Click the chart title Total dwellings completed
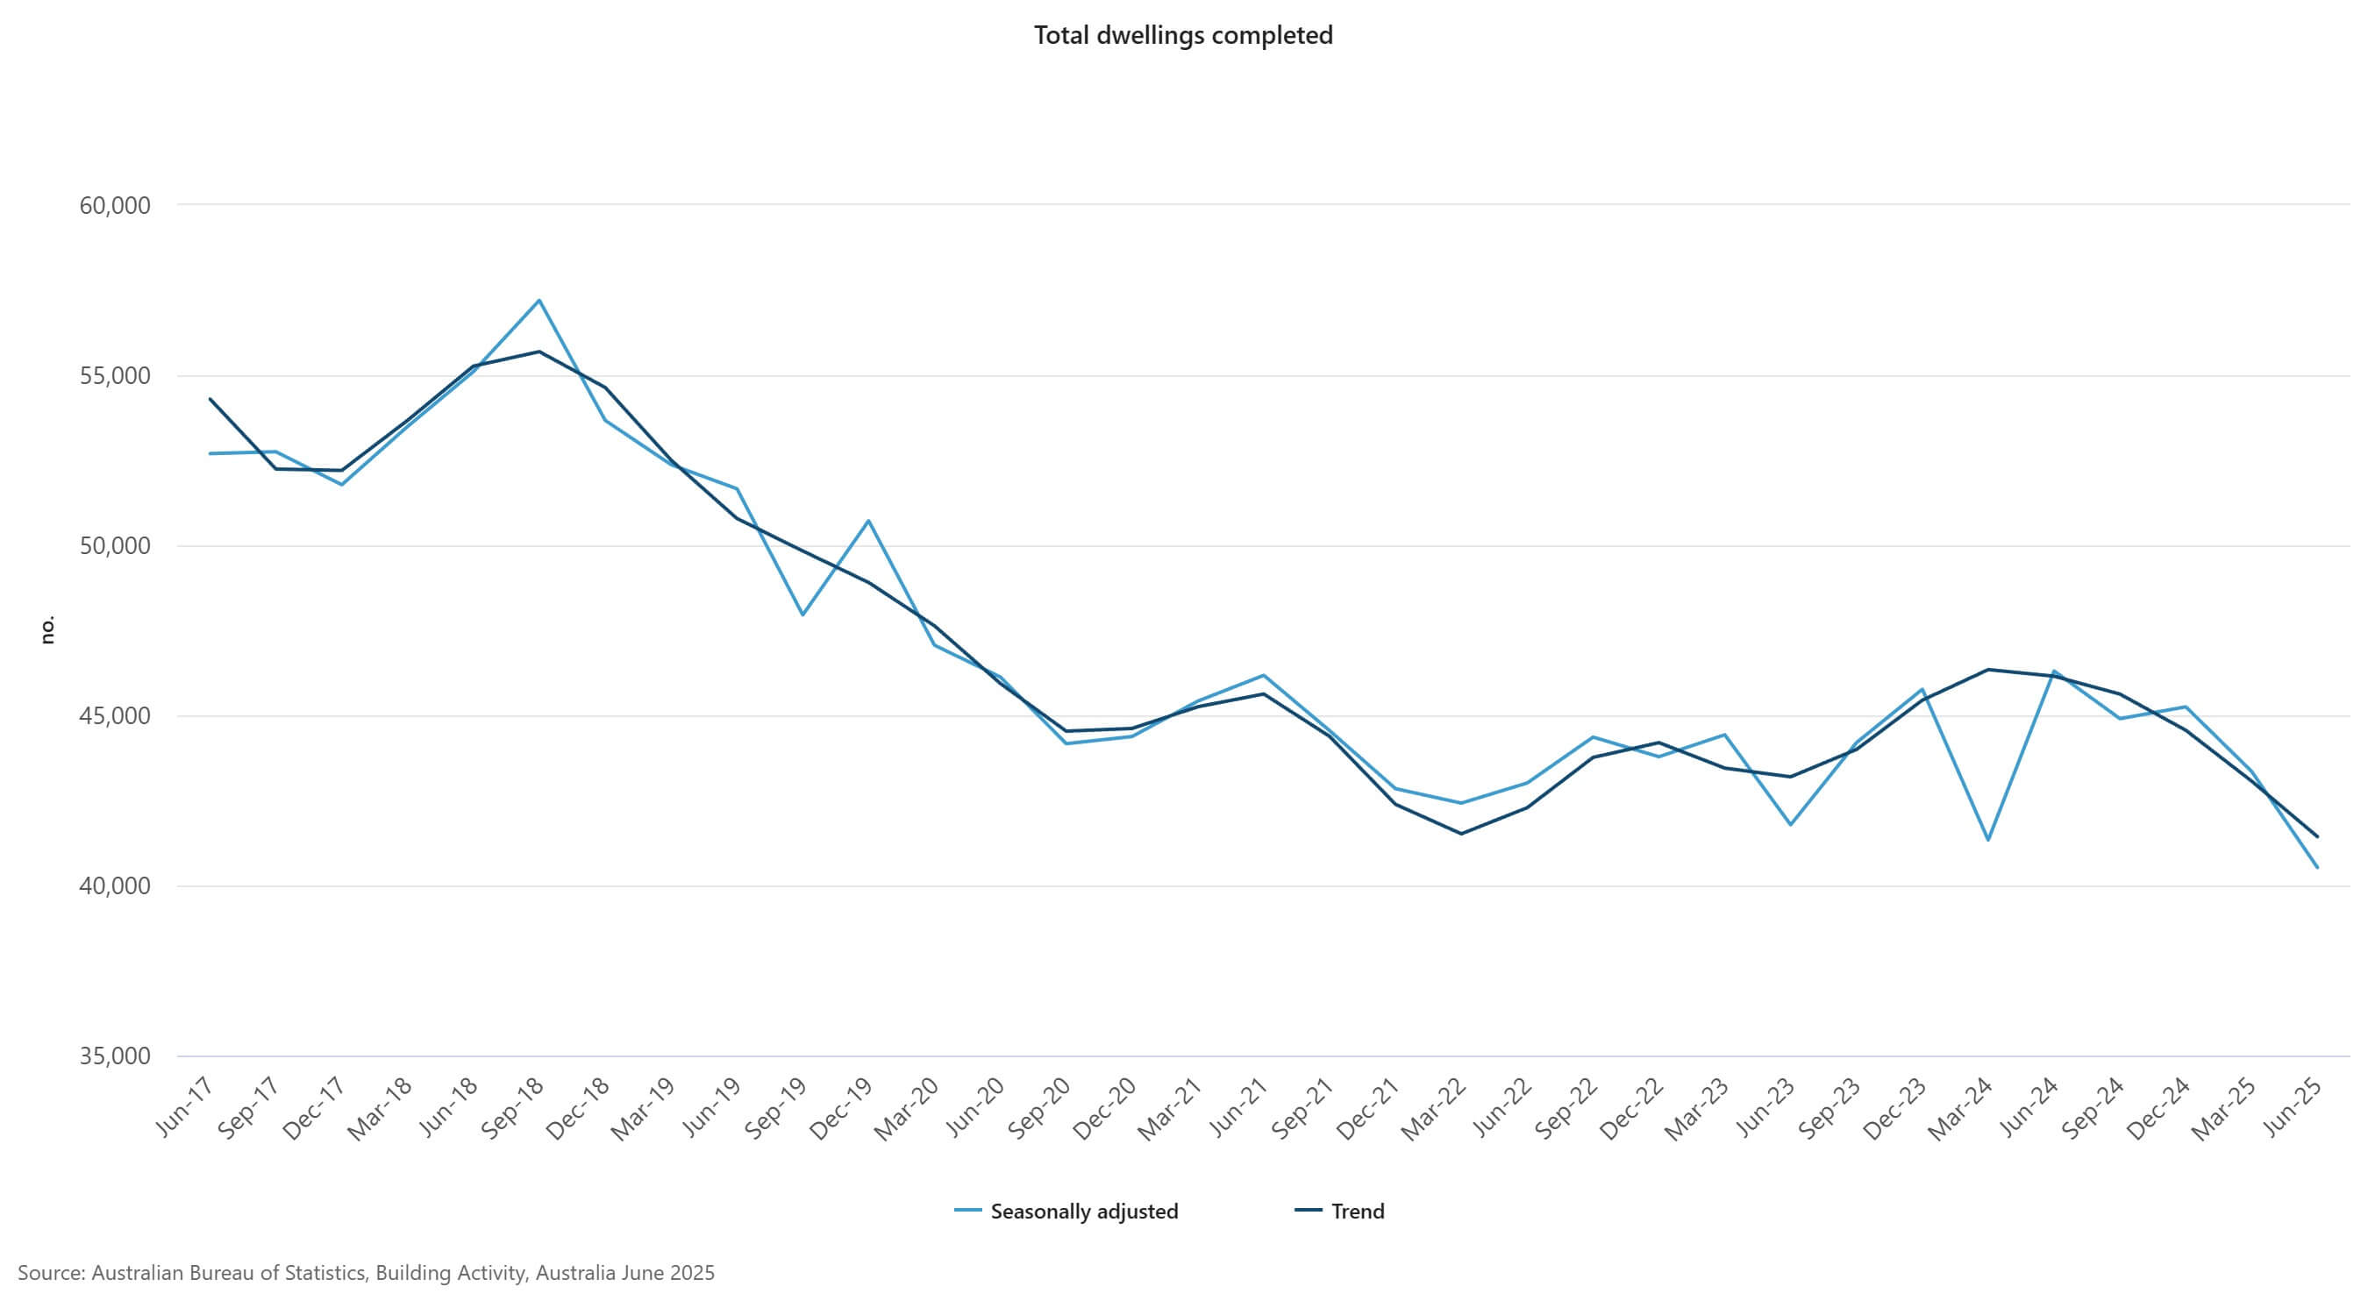1183,35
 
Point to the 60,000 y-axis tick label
115,205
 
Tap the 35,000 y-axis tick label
115,1056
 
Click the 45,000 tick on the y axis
115,716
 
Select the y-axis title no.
48,629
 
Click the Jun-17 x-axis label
187,1106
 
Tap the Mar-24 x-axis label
1962,1108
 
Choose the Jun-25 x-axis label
2293,1106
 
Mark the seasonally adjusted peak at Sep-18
539,301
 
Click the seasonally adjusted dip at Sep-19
802,614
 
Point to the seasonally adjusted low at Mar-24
1987,839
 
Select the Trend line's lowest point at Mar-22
1460,834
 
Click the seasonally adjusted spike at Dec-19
868,521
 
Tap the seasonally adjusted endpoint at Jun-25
2316,866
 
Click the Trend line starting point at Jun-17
210,399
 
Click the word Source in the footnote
50,1273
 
